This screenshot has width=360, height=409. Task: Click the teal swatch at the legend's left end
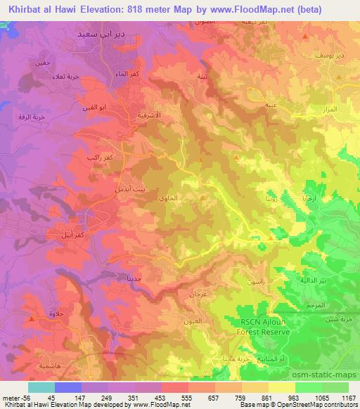tap(41, 387)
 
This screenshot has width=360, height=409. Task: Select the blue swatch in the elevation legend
tap(67, 387)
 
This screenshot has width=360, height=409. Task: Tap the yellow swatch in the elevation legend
tap(281, 387)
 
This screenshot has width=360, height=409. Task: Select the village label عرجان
tap(198, 295)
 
